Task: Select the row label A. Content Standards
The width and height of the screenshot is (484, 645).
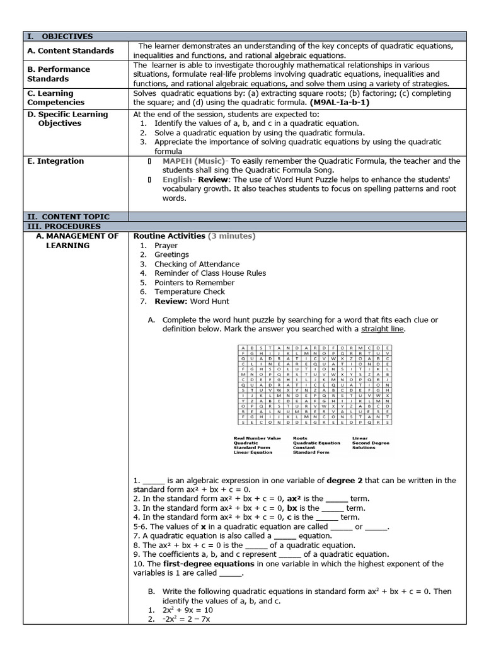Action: (x=71, y=50)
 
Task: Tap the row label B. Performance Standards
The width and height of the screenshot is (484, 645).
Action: (x=59, y=74)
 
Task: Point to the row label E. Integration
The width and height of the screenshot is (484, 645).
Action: (x=55, y=161)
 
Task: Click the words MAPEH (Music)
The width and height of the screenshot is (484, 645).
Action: (x=195, y=161)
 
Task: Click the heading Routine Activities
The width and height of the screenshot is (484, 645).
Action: (x=170, y=236)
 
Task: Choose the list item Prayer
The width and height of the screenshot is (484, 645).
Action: (x=166, y=246)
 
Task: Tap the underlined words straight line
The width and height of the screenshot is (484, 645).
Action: (x=383, y=329)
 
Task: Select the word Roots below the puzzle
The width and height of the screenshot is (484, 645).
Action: (x=301, y=438)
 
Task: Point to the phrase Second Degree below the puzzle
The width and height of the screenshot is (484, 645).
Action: (x=371, y=443)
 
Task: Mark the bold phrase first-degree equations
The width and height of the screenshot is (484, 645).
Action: (x=200, y=564)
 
